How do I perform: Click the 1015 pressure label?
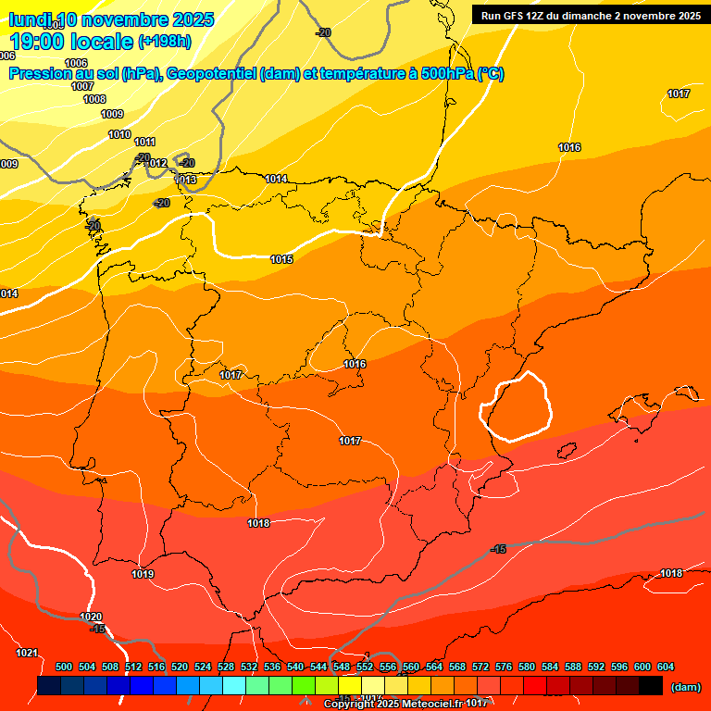(x=281, y=260)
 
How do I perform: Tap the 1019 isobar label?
(x=143, y=575)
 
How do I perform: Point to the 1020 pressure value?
(x=91, y=617)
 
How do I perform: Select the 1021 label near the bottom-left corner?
(x=28, y=653)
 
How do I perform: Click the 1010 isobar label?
(x=119, y=135)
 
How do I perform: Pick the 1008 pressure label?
(x=94, y=99)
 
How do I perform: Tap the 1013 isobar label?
(x=186, y=180)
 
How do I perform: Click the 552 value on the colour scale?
(x=365, y=667)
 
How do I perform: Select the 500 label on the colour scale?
(x=64, y=667)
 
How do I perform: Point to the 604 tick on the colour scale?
(x=666, y=667)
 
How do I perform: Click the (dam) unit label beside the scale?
(x=685, y=687)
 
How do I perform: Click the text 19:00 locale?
(x=72, y=41)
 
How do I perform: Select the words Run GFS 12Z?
(x=516, y=16)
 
